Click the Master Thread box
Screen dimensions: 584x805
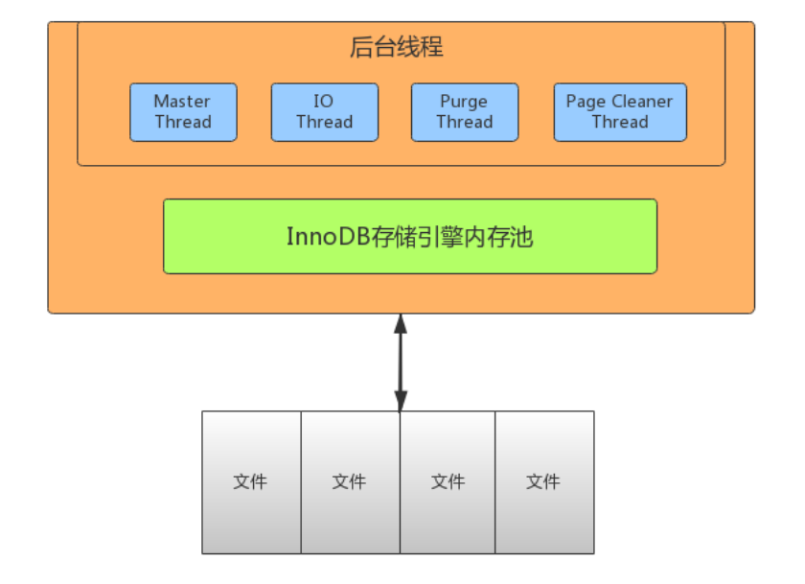tap(182, 112)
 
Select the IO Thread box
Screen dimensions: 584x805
tap(324, 112)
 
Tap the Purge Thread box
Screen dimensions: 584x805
tap(464, 112)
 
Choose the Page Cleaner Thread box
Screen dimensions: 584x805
tap(619, 112)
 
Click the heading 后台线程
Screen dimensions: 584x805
tap(397, 46)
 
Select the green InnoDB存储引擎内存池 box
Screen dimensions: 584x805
tap(409, 236)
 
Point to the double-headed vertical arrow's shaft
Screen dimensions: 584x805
tap(401, 362)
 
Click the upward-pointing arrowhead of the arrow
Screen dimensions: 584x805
tap(401, 323)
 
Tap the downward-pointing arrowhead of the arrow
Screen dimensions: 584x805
tap(401, 401)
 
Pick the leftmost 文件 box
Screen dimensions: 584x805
tap(251, 481)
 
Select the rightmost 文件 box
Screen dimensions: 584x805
tap(543, 481)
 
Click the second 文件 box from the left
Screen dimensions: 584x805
tap(350, 481)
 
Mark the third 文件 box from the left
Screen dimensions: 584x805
tap(448, 481)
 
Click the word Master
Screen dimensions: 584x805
tap(182, 102)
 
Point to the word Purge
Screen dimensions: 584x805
tap(464, 102)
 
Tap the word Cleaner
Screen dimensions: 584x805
tap(642, 102)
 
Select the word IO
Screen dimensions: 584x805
tap(324, 102)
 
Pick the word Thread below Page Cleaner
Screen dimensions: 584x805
tap(619, 122)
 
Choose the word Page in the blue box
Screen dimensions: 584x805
tap(586, 102)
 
